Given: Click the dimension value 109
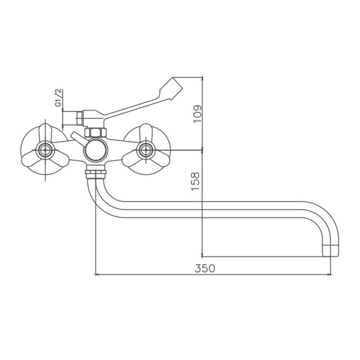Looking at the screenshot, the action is (x=198, y=114).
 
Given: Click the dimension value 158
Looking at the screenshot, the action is (x=195, y=181).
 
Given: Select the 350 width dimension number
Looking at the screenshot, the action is (x=205, y=268).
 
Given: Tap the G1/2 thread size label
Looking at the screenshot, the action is (x=58, y=98).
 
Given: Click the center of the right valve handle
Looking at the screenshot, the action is (x=146, y=150).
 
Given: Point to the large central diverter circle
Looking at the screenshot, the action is (x=96, y=150).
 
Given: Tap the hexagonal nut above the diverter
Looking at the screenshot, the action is (x=95, y=132).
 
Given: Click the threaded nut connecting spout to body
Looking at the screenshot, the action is (x=95, y=174).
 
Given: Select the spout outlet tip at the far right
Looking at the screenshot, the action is (x=331, y=251).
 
